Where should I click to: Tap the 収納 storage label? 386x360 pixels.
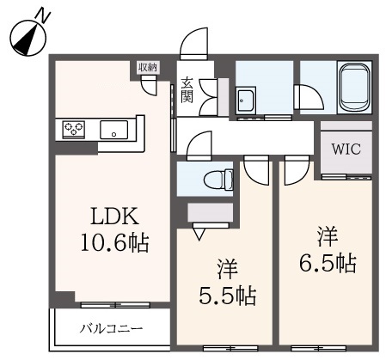pos(148,68)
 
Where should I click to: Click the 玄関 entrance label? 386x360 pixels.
pos(187,89)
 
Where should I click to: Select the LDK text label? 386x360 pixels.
pos(114,217)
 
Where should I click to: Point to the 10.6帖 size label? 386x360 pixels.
pos(114,242)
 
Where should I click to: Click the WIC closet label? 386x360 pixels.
pos(346,149)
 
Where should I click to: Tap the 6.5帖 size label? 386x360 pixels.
pos(328,263)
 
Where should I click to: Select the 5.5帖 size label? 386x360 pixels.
pos(228,296)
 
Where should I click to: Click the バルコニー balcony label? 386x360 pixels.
pos(111,328)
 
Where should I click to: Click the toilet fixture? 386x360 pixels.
pos(218,180)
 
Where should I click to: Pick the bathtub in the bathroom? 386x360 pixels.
pos(354,88)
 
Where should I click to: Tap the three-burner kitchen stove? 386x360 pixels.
pos(74,130)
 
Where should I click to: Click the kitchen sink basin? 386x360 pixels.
pos(113,130)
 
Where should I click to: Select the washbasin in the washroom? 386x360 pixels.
pos(246,101)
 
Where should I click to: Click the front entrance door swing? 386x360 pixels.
pos(193,44)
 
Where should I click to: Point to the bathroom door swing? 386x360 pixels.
pos(309,96)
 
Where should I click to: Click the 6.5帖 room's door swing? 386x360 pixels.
pos(297,170)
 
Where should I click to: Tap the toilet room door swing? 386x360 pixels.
pos(199,145)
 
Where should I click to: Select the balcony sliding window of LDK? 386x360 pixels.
pos(115,305)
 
